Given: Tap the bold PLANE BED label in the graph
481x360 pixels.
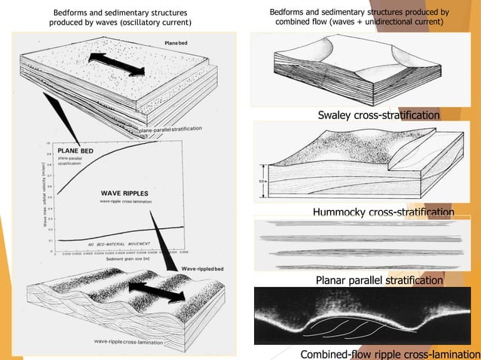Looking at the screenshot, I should [78, 151].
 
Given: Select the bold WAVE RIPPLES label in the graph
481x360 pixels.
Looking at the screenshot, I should [126, 194].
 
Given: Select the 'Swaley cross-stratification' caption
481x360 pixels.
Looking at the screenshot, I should [378, 115].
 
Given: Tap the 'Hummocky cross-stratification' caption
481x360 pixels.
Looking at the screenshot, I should [383, 213].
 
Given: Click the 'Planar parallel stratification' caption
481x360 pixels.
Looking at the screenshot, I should [378, 280].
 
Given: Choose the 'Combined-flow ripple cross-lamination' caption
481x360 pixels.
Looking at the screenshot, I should [389, 354].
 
